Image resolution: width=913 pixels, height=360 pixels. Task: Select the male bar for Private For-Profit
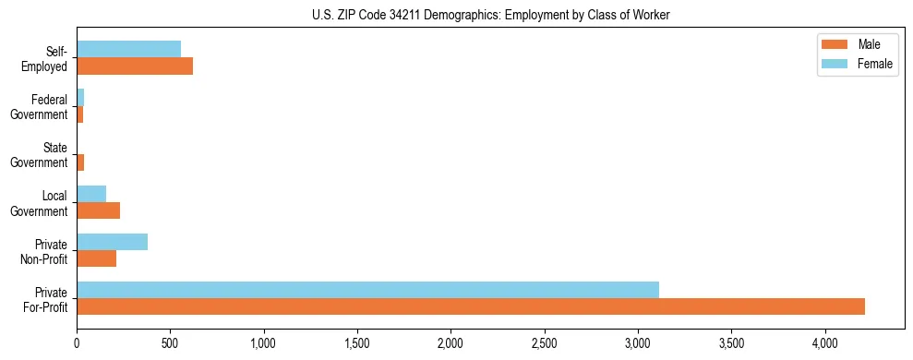pyautogui.click(x=471, y=306)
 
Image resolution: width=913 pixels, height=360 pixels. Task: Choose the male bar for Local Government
pyautogui.click(x=98, y=210)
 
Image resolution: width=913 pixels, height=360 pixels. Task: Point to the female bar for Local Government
pyautogui.click(x=91, y=194)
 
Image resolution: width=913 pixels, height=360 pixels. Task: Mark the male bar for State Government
pyautogui.click(x=80, y=162)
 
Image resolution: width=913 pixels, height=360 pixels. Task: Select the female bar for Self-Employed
pyautogui.click(x=128, y=50)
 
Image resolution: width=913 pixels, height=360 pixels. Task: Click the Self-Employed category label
pyautogui.click(x=49, y=58)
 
